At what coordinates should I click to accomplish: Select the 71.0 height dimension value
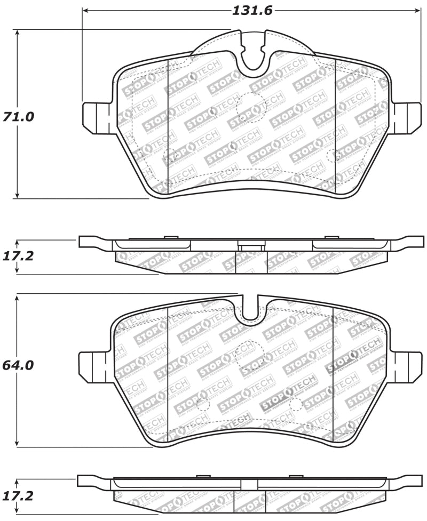(x=19, y=117)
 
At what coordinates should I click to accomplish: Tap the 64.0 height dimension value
(x=19, y=366)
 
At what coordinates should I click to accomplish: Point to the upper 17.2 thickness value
(x=19, y=256)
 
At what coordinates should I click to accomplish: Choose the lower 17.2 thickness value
(x=19, y=496)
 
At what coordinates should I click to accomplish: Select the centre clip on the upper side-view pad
(x=251, y=247)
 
